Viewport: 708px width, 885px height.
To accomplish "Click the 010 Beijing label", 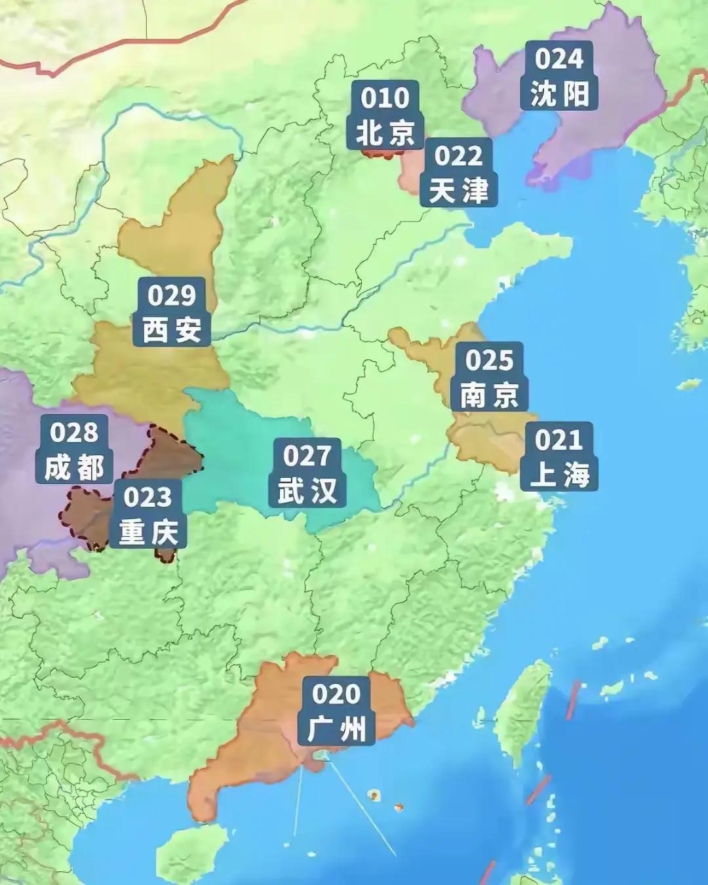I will (x=385, y=116).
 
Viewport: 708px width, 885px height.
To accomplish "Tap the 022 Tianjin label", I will (x=459, y=174).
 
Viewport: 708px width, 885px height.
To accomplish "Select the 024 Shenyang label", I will (x=559, y=76).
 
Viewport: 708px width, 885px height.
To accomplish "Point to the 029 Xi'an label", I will (x=172, y=313).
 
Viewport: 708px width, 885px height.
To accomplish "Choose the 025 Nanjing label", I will (x=490, y=377).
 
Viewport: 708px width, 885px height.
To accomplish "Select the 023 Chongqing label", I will (x=147, y=515).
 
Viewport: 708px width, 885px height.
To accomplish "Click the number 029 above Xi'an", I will (x=172, y=296).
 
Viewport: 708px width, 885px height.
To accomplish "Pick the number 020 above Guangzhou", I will (x=336, y=694).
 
